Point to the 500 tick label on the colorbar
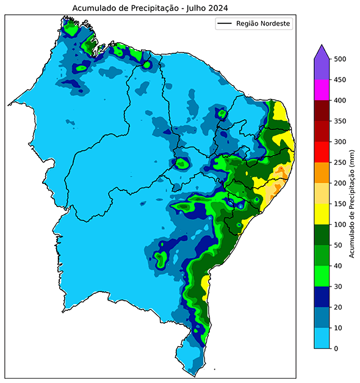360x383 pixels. pos(340,59)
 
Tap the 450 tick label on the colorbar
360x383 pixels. pos(340,79)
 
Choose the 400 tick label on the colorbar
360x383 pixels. pos(340,100)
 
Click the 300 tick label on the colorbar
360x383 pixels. pos(340,142)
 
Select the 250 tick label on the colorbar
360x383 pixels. pos(340,162)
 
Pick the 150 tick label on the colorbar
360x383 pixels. pos(340,203)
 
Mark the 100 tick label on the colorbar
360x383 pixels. pos(340,225)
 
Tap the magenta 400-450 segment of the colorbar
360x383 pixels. pos(322,90)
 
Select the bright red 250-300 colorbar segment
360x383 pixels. pos(322,152)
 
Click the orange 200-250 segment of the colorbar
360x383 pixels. pos(322,173)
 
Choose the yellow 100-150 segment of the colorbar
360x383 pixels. pos(322,214)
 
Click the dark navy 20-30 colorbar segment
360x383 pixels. pos(322,297)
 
